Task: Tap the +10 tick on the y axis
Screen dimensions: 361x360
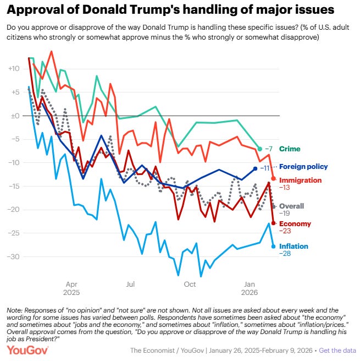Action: coord(12,69)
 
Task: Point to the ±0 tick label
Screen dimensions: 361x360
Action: coord(12,116)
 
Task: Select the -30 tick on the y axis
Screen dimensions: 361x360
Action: coord(12,257)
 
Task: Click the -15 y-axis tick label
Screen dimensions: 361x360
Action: coord(12,187)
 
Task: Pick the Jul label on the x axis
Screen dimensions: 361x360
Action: coord(130,284)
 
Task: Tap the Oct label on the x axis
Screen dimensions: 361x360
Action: coord(190,284)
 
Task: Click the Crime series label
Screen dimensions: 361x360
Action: coord(290,149)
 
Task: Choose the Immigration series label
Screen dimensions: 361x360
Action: coord(301,180)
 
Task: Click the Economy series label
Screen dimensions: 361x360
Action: coord(295,223)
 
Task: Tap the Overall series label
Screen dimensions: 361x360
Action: coord(292,206)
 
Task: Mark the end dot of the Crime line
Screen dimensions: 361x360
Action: coord(260,149)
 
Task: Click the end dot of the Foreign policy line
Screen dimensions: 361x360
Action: coord(255,168)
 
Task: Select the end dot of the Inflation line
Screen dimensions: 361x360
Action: coord(274,246)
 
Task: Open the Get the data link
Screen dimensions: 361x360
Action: coord(340,351)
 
